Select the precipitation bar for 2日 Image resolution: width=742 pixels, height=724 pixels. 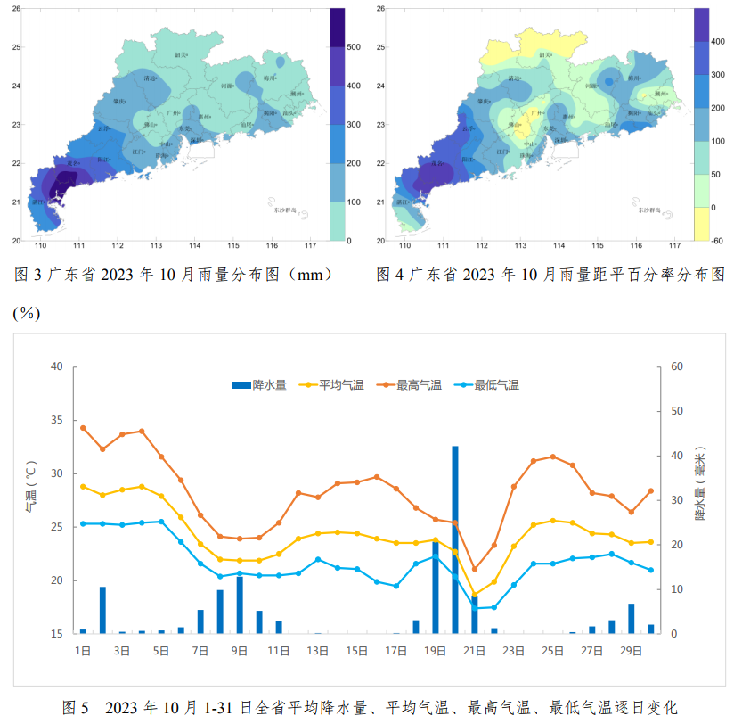(102, 610)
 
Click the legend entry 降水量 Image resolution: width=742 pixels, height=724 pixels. (259, 385)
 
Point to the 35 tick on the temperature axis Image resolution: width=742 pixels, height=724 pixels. (56, 420)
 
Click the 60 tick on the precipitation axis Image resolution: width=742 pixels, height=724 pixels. (676, 366)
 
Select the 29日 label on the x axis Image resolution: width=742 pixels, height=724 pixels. (632, 651)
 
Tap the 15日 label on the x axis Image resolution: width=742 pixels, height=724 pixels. (357, 651)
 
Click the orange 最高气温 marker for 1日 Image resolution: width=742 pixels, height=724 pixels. (83, 428)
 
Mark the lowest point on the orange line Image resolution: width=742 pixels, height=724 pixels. (475, 569)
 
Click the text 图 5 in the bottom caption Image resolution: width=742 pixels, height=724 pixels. (76, 708)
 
